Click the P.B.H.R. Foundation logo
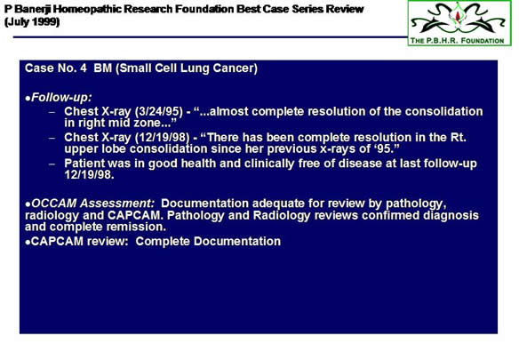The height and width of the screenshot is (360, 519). click(x=459, y=23)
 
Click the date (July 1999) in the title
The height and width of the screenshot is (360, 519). click(x=32, y=22)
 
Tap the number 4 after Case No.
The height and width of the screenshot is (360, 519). click(x=83, y=68)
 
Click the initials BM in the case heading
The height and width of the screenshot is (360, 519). click(x=102, y=68)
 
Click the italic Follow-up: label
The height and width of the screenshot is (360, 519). click(x=61, y=98)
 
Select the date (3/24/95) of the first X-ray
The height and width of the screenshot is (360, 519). click(x=159, y=112)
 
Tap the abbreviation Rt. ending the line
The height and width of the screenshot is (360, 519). click(x=458, y=137)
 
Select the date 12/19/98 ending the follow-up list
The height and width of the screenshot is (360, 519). click(x=89, y=174)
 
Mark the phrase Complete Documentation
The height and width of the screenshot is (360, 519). click(x=208, y=241)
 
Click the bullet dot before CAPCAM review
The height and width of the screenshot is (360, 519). click(x=28, y=243)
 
